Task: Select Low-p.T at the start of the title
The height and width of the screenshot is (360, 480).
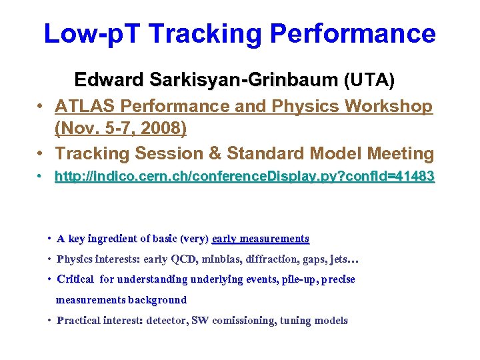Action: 89,33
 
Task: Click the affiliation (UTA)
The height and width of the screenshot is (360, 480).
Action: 369,81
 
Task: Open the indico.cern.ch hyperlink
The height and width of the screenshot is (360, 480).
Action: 245,177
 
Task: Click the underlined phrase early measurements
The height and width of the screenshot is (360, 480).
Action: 261,239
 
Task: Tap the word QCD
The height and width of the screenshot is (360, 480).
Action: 183,259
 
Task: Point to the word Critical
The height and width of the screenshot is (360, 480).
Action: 76,279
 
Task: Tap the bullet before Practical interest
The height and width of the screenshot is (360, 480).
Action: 50,321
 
